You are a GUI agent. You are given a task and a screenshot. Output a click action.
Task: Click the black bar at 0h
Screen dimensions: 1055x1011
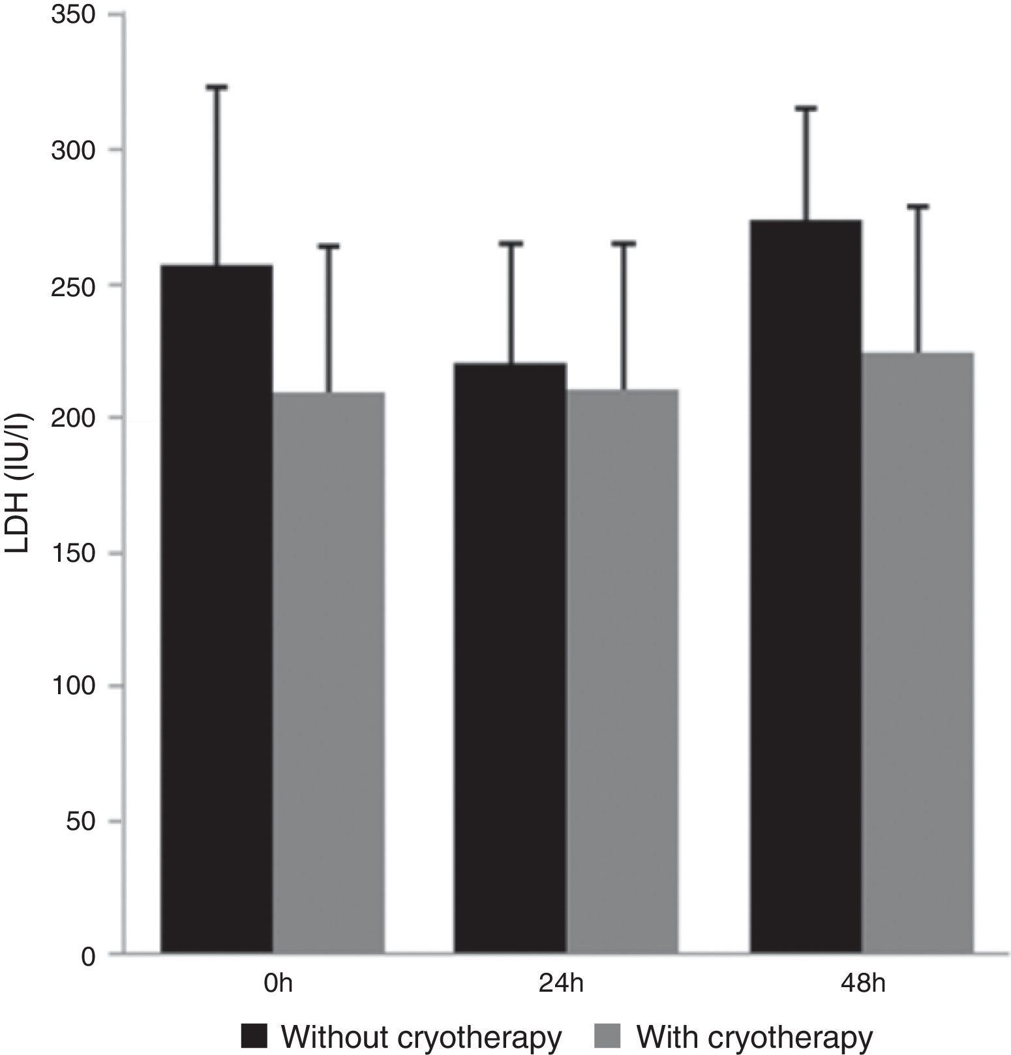217,610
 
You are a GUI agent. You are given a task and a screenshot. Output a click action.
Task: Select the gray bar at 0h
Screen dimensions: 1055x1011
328,673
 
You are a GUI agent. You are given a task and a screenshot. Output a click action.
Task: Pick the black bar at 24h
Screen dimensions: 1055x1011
510,659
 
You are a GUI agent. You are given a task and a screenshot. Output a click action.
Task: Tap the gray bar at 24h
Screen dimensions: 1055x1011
622,672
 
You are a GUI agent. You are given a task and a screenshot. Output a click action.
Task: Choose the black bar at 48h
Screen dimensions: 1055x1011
806,587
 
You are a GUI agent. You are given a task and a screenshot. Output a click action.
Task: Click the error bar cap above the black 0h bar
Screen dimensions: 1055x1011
217,87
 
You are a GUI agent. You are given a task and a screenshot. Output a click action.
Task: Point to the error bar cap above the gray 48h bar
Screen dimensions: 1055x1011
918,207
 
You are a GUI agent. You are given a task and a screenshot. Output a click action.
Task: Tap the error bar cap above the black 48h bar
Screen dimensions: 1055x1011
806,108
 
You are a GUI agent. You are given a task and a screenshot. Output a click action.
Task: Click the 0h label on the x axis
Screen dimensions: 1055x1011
279,983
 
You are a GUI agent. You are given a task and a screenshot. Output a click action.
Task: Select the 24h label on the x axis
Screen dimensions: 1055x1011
562,983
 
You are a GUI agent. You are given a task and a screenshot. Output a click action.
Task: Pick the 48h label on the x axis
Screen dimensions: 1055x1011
863,983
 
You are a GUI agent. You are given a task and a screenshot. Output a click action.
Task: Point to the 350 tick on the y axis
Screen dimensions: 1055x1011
74,16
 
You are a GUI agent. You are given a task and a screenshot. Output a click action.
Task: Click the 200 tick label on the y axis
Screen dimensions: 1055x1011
74,418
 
